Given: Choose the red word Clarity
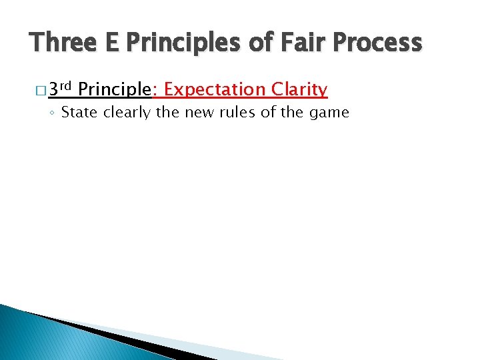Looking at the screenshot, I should [x=299, y=89].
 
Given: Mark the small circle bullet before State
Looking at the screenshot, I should [x=53, y=113].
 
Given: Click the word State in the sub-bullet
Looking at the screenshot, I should [x=79, y=112].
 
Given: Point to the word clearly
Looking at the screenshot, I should [x=126, y=112].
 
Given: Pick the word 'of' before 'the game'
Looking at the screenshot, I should [x=268, y=112].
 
